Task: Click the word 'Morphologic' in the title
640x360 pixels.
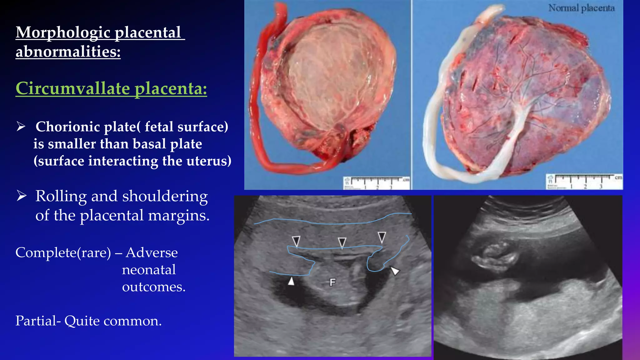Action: tap(63, 33)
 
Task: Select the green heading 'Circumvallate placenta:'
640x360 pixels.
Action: tap(111, 88)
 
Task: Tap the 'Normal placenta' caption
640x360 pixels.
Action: tap(581, 8)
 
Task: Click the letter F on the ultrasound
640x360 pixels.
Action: tap(332, 282)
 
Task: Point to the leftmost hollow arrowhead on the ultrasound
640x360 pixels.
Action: tap(296, 241)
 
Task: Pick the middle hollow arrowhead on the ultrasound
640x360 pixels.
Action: tap(342, 242)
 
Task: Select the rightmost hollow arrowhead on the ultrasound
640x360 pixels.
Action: tap(382, 237)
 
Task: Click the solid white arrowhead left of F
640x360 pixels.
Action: tap(291, 281)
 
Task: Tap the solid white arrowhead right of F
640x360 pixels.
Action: tap(395, 271)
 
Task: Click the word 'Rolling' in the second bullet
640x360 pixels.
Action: tap(61, 197)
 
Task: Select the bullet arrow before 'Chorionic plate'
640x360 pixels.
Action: tap(21, 127)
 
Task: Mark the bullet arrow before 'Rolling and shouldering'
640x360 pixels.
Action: tap(21, 196)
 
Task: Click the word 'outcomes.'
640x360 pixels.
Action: tap(154, 287)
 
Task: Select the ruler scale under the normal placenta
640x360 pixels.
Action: tap(584, 182)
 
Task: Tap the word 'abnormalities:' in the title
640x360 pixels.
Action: tap(68, 52)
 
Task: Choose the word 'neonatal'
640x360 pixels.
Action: tap(149, 270)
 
